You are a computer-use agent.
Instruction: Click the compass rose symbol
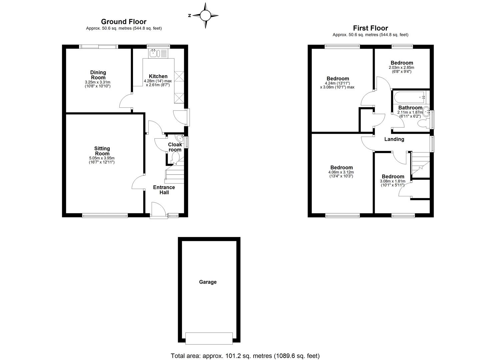tap(206, 15)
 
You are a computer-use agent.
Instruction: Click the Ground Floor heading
tap(124, 22)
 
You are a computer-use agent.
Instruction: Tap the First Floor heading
tap(370, 28)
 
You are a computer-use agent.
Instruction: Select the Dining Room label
tap(98, 75)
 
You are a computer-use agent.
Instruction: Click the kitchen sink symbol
tap(154, 53)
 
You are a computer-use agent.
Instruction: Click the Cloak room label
tap(175, 147)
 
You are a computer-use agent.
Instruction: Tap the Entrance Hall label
tap(164, 190)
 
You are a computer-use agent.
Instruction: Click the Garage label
tap(208, 282)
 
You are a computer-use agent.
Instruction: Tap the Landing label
tap(394, 139)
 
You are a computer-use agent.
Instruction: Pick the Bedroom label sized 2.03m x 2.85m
tap(402, 63)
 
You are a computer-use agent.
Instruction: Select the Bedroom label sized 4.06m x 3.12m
tap(341, 168)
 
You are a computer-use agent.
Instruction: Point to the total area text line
tap(245, 356)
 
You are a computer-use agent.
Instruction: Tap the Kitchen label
tap(158, 76)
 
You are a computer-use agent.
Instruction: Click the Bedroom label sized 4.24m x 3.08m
tap(338, 79)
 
